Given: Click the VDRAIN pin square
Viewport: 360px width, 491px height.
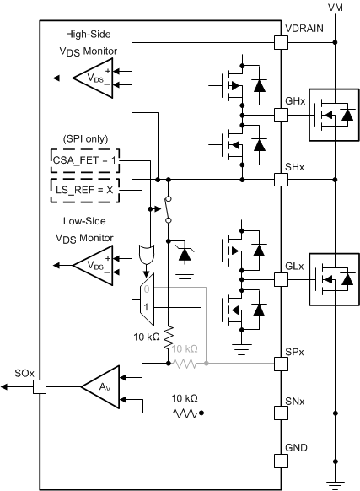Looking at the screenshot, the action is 281,42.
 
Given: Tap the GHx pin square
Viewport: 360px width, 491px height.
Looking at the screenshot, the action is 281,116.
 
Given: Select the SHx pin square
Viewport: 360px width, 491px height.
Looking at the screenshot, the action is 281,180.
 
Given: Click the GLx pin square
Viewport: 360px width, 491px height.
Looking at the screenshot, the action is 281,279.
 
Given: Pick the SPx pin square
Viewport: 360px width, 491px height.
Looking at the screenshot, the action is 281,364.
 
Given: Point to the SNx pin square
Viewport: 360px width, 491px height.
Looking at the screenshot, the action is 281,413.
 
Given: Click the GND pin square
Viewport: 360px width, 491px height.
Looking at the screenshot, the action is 281,461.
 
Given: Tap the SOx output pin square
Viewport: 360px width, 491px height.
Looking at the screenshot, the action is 40,386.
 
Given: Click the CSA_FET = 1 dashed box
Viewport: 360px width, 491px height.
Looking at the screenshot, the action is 85,160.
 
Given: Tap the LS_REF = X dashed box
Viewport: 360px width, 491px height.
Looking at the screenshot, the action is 85,191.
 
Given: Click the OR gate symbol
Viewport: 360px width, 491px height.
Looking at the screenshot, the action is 146,254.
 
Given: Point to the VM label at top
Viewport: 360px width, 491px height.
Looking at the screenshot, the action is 336,7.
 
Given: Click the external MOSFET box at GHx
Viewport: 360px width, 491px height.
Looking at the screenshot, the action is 334,115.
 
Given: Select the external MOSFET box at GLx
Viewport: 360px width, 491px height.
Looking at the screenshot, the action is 334,279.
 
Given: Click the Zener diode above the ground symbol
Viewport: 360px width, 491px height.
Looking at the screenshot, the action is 185,254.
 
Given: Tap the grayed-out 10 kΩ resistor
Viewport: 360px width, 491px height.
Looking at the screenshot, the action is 185,364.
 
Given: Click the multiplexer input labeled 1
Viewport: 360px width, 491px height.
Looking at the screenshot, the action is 146,307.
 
